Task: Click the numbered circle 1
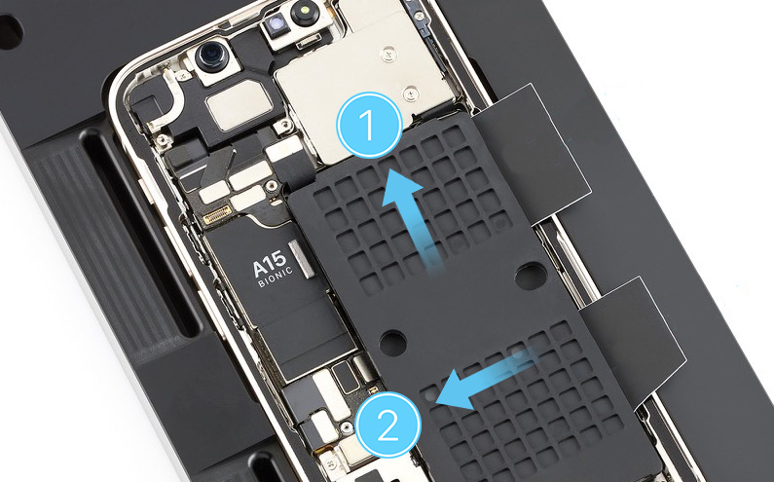coord(369,125)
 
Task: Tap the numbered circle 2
coord(388,425)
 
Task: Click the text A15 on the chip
coord(269,264)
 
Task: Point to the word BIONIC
coord(276,278)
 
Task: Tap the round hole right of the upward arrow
coord(531,275)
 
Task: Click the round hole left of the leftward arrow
coord(392,341)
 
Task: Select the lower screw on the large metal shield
coord(410,93)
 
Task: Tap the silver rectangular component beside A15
coord(302,258)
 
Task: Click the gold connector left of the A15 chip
coord(218,214)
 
